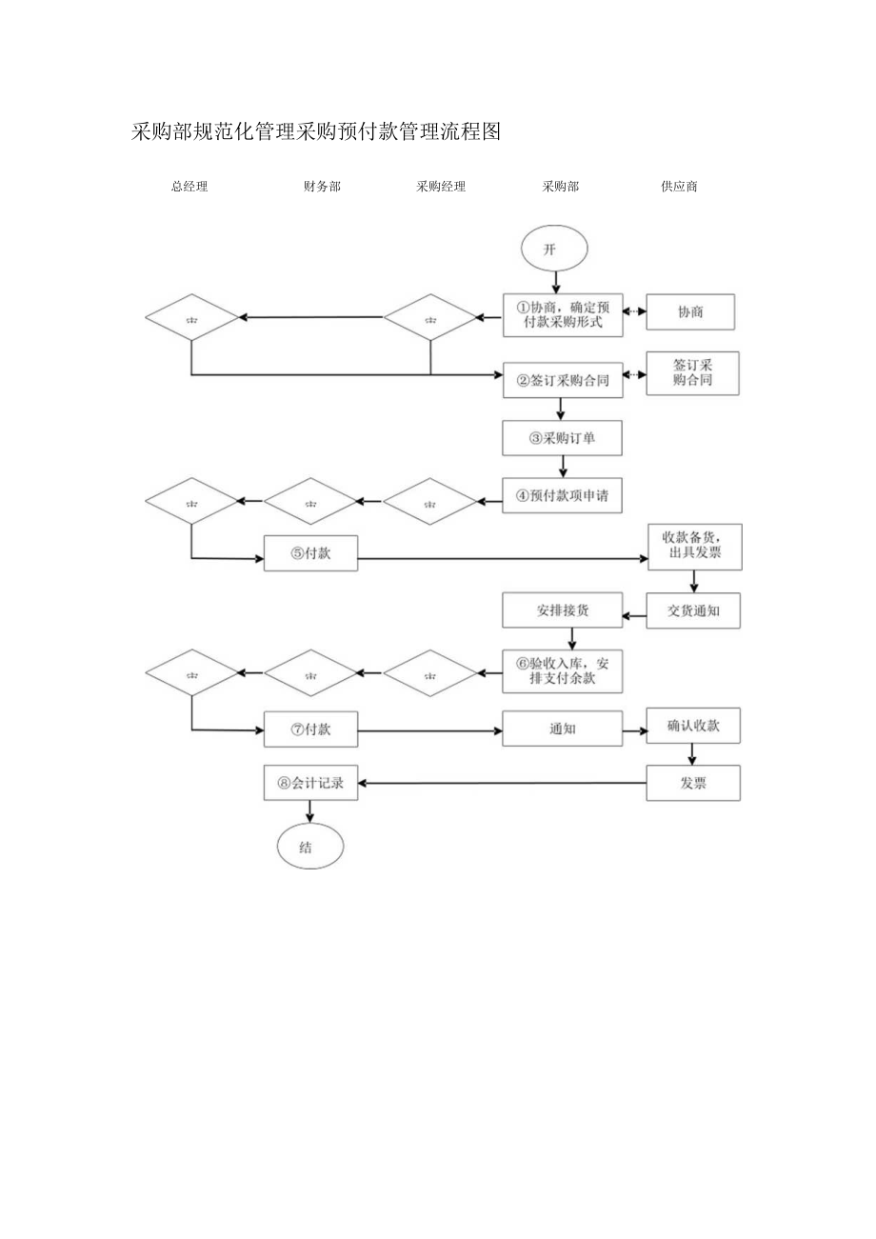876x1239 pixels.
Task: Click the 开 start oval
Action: pos(554,250)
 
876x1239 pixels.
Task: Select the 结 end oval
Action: pos(309,847)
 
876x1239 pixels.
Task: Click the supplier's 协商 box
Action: pos(690,312)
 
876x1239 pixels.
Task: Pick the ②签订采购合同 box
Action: pos(563,379)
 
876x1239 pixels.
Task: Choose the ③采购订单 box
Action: pos(563,438)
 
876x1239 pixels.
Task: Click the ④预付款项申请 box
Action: pos(563,496)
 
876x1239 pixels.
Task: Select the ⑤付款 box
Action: pos(310,553)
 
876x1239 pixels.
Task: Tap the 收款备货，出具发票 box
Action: pos(694,546)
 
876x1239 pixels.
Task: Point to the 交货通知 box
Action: pos(693,610)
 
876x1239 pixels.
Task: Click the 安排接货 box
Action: pos(563,610)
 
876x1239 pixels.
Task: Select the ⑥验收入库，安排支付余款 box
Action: pos(563,671)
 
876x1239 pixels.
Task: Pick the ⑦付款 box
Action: pos(310,729)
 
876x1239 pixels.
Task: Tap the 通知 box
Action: pos(563,729)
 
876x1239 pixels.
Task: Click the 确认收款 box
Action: pos(693,726)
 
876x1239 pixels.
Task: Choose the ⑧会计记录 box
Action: pos(310,784)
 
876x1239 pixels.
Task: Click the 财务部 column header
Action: pos(322,187)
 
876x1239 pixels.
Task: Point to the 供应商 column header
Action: pos(679,187)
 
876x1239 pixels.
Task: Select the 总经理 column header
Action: pos(189,187)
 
